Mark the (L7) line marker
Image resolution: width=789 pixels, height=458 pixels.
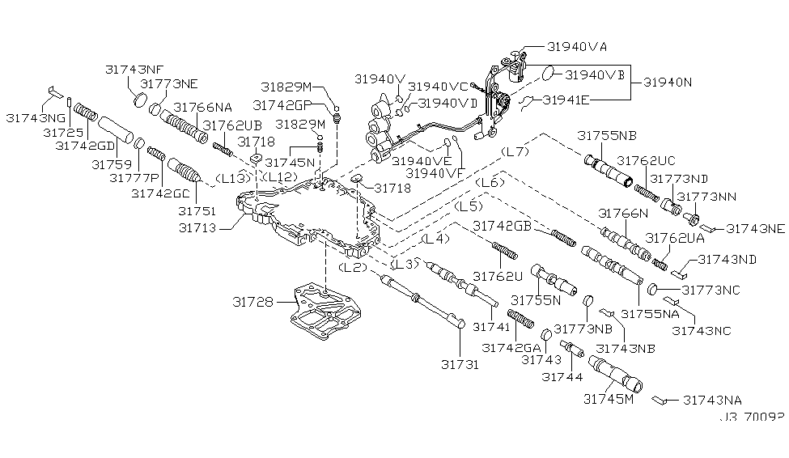(515, 151)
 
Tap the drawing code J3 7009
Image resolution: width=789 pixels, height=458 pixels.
(752, 420)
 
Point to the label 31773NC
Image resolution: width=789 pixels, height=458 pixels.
(711, 289)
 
